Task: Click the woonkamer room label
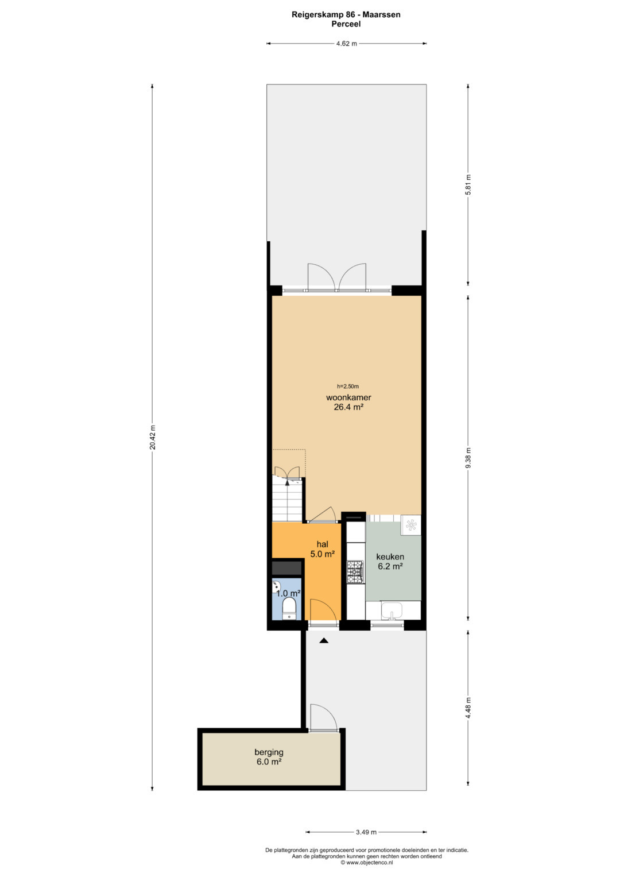pos(348,397)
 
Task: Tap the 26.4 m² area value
pos(348,407)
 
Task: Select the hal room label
pos(323,544)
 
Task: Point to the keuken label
pos(390,557)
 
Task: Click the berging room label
pos(269,752)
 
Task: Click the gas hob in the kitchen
pos(355,571)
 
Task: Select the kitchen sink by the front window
pos(392,611)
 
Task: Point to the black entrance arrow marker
pos(323,640)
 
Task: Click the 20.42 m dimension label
pos(153,437)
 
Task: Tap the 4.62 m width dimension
pos(346,44)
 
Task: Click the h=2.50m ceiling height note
pos(348,387)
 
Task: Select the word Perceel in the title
pos(346,24)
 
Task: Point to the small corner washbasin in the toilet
pos(277,586)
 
